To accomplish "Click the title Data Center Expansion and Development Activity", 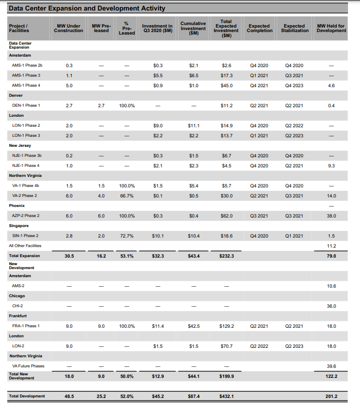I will coord(87,9).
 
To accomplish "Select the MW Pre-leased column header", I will coord(101,28).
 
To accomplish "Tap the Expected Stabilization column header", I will coord(294,28).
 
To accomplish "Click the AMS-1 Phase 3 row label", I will coord(26,75).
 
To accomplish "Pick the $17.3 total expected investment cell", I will coord(226,75).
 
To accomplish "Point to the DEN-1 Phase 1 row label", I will coord(26,105).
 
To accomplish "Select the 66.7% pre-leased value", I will coord(126,195).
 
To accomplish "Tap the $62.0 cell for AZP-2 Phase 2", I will coord(226,216).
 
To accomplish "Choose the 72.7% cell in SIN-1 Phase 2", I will coord(126,236).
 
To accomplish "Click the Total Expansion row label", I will coord(24,256).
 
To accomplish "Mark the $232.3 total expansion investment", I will coord(226,256).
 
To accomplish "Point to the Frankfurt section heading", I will coord(20,316).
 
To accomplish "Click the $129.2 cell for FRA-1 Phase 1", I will coord(226,326).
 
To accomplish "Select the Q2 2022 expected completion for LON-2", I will coord(259,346).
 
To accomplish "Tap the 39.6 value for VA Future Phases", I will coord(331,366).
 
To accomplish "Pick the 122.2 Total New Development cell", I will coord(331,376).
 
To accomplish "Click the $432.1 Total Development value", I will coord(226,396).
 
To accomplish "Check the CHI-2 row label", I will coord(18,306).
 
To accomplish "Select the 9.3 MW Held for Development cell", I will coord(331,165).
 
